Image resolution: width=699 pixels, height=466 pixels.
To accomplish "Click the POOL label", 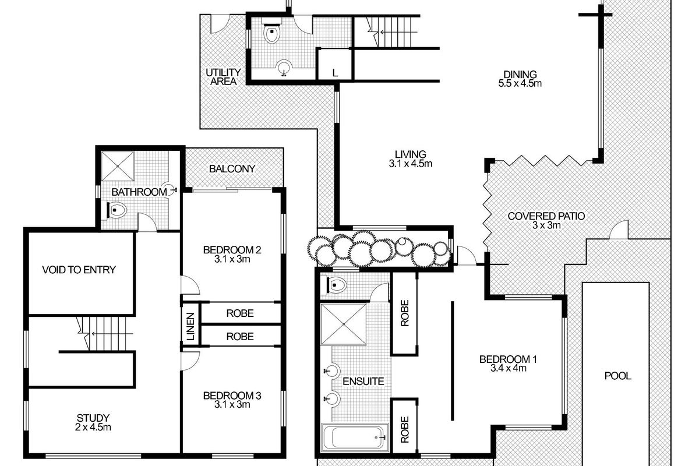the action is [617, 376].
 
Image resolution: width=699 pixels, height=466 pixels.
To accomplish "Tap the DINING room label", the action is [520, 79].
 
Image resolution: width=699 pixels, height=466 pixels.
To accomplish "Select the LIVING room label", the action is [410, 159].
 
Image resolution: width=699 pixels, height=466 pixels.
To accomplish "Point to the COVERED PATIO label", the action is [546, 221].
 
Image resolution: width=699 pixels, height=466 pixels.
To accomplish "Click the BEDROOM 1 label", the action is [508, 363].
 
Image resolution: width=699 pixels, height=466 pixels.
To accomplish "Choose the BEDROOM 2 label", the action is [232, 255].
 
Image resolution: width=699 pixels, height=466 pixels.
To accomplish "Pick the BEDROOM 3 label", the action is [232, 400].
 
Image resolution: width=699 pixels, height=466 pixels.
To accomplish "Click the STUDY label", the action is [93, 422].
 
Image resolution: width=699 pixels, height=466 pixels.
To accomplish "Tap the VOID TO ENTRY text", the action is [79, 270].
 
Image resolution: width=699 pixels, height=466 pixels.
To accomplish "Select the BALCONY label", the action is [232, 169].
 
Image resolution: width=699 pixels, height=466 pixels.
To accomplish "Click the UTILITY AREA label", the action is [223, 77].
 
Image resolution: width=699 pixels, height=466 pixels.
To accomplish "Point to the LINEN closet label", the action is [190, 326].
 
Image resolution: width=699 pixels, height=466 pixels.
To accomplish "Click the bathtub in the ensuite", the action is [355, 437].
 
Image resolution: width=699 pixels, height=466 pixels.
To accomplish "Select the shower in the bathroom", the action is [118, 166].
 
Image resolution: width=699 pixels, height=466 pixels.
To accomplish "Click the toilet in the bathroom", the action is [114, 210].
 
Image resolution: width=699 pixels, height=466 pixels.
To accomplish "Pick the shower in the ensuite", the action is [343, 324].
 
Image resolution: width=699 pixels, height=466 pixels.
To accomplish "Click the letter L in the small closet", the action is [335, 73].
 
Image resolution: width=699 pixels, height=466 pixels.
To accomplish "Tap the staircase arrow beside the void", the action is [112, 334].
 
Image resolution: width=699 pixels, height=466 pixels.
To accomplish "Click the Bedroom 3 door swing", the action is [190, 361].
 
